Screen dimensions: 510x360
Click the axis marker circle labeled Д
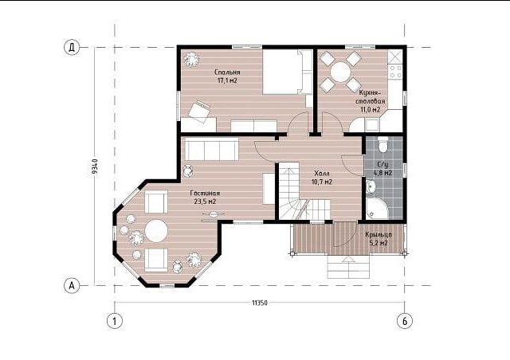tap(72, 48)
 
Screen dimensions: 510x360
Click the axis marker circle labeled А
tap(72, 285)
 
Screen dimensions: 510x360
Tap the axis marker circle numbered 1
tap(115, 321)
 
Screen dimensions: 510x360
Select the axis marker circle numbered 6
tap(405, 321)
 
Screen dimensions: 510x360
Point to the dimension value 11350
tap(260, 303)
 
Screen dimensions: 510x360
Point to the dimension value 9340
tap(95, 166)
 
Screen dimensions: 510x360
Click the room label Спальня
tap(227, 72)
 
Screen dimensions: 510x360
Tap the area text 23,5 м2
tap(205, 202)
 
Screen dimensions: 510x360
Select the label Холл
tap(322, 174)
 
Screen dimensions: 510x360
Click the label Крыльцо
tap(379, 235)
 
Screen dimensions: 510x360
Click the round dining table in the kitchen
tap(340, 72)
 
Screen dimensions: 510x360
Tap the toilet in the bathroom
tap(383, 145)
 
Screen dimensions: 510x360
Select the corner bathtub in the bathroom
tap(376, 209)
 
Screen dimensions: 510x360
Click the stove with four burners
tap(395, 72)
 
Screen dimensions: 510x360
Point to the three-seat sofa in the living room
tap(212, 149)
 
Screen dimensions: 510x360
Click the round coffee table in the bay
tap(156, 231)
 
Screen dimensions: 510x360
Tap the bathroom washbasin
tap(371, 186)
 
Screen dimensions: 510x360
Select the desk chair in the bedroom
tap(199, 112)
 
